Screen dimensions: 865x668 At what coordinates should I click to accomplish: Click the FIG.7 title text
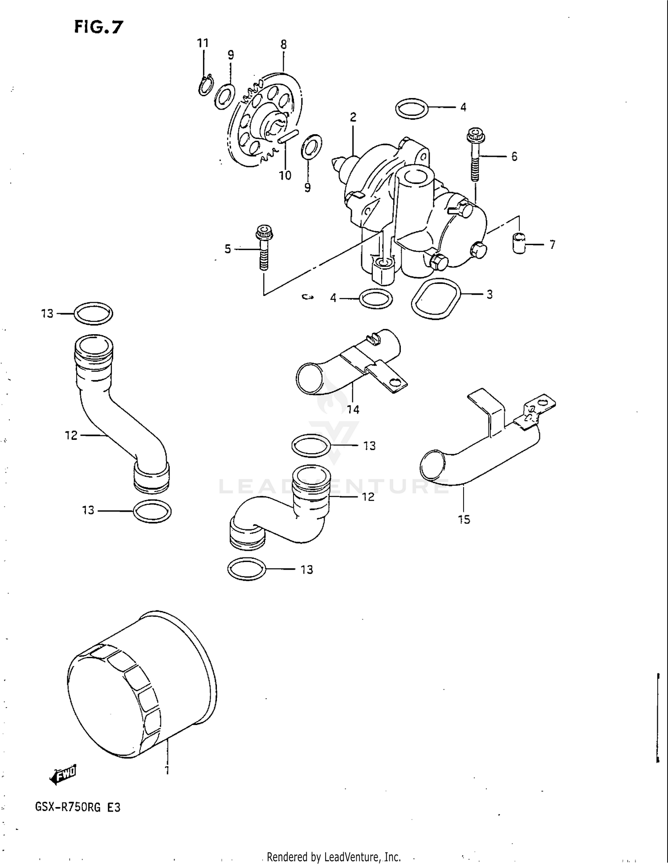point(98,28)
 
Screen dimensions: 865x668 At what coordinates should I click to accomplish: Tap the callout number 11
point(203,43)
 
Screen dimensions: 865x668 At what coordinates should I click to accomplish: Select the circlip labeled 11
point(206,86)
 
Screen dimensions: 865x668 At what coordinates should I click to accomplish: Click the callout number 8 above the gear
point(284,45)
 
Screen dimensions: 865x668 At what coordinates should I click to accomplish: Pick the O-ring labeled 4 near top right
point(411,108)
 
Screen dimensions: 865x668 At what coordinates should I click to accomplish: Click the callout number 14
point(353,409)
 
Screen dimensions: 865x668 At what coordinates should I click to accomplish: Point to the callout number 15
point(464,519)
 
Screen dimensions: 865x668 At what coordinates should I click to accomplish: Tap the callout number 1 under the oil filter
point(167,770)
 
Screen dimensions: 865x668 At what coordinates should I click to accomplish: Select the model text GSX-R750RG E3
point(77,807)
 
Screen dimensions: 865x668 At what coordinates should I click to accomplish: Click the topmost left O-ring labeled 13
point(93,313)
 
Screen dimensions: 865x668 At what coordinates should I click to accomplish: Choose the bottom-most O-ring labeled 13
point(246,569)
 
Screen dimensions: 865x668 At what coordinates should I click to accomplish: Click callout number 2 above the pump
point(353,117)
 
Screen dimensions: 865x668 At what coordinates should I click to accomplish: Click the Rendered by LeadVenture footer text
point(334,857)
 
